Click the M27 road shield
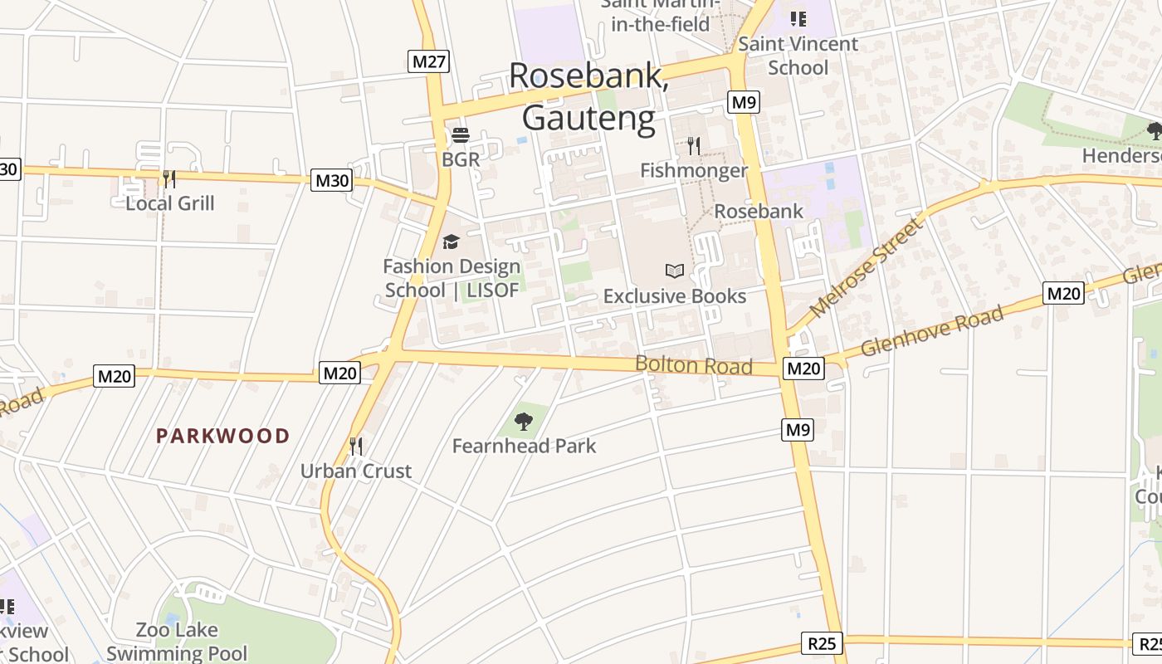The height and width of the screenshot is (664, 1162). tap(429, 61)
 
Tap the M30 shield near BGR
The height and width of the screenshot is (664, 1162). tap(331, 180)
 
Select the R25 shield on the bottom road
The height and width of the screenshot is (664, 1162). tap(823, 642)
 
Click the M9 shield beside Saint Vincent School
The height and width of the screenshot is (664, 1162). tap(743, 102)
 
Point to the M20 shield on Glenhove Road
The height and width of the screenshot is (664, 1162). tap(1063, 293)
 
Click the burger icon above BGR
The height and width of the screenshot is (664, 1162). tap(461, 135)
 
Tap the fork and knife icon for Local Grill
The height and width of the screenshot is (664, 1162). tap(169, 178)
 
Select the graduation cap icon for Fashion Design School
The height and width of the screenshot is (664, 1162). tap(451, 242)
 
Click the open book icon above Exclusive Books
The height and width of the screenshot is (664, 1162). tap(675, 271)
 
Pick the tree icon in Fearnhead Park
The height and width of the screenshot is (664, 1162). tap(524, 422)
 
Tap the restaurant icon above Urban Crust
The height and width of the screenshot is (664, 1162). tap(356, 447)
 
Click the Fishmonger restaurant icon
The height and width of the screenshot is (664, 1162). tap(694, 146)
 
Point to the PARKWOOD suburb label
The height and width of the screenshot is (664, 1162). tap(223, 436)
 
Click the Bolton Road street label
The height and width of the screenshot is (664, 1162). tap(694, 365)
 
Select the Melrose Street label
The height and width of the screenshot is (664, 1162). tap(867, 267)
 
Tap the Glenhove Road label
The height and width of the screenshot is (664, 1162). tap(932, 330)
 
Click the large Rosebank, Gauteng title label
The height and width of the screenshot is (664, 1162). tap(588, 96)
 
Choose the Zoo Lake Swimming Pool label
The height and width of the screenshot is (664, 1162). tap(177, 642)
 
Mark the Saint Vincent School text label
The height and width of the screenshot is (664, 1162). tap(798, 56)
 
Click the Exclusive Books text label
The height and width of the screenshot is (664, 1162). tap(675, 296)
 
